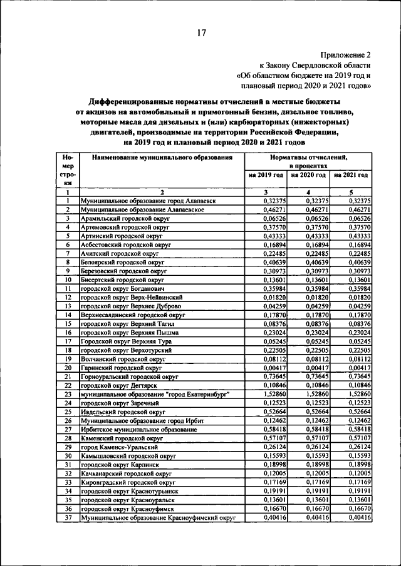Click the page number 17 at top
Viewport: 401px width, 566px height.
point(200,33)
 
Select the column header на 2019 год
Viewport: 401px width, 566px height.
point(266,175)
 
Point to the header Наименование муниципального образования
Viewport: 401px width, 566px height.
point(162,159)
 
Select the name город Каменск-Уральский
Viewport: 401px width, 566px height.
point(120,448)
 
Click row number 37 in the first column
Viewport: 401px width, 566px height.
point(68,518)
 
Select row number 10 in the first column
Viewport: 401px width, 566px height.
point(68,280)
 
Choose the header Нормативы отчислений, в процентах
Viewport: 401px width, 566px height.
point(308,163)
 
